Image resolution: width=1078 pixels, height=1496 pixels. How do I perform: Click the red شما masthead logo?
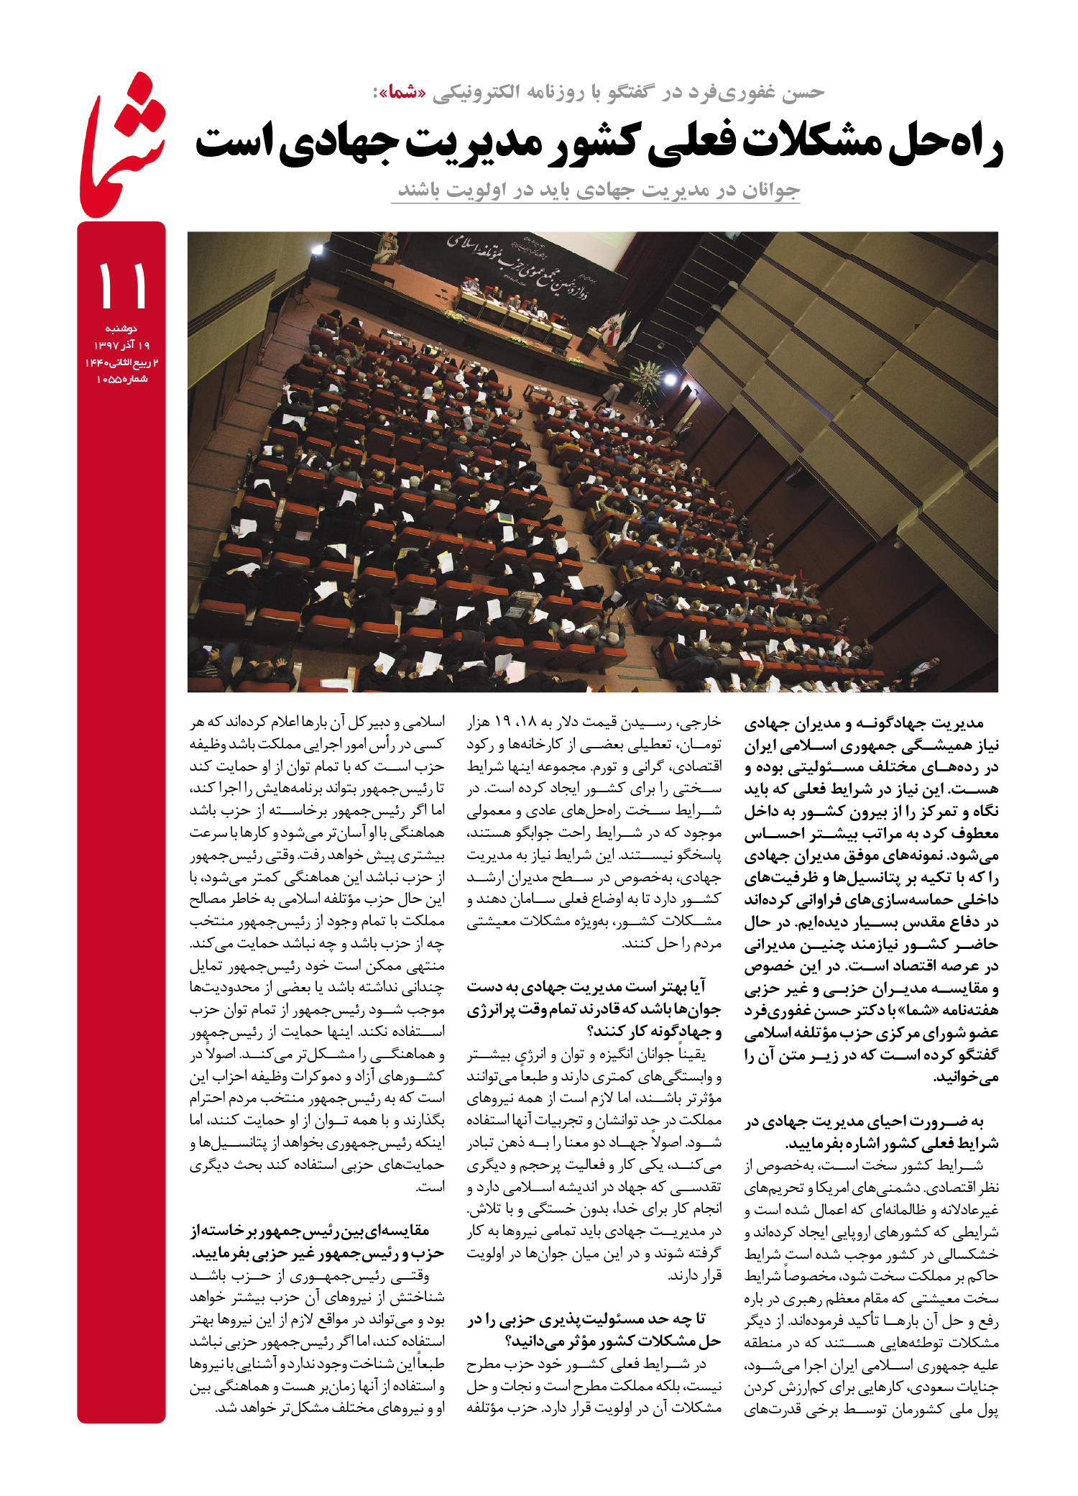coord(122,147)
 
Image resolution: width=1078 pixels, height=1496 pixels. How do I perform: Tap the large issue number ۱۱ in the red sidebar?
coord(122,285)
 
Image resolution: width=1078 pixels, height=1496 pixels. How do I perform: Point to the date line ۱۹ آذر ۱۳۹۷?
coord(122,345)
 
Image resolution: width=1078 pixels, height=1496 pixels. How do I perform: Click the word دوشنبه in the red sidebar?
coord(121,329)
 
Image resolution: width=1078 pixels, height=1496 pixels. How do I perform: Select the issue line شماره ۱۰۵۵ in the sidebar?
coord(122,379)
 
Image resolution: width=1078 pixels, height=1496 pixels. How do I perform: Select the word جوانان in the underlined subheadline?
coord(769,190)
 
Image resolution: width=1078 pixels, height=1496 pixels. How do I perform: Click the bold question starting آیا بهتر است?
coord(594,1009)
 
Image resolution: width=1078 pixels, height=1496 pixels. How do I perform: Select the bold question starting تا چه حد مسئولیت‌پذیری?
coord(594,1329)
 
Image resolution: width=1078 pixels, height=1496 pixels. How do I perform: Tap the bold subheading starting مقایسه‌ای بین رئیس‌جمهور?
coord(317,1242)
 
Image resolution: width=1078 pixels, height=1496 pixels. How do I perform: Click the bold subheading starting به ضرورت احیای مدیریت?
coord(871,1132)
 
